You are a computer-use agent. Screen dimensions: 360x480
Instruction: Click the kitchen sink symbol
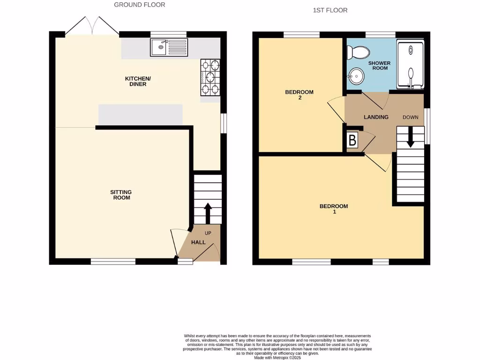[169, 47]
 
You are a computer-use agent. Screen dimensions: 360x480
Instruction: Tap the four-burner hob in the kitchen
[210, 77]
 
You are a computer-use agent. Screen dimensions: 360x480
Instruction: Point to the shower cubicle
[411, 64]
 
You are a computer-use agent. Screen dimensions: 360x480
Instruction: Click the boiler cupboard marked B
[352, 140]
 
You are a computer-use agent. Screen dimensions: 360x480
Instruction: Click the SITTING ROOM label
[121, 195]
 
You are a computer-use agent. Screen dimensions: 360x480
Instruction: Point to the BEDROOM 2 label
[299, 95]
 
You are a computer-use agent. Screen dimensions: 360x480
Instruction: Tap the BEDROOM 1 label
[334, 209]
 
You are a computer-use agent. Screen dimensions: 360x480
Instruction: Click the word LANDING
[376, 117]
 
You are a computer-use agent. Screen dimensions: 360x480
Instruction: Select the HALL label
[198, 242]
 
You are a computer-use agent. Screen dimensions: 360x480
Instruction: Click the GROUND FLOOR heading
[140, 5]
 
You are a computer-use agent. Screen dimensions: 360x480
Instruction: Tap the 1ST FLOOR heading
[330, 10]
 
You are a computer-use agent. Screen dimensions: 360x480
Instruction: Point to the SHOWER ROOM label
[379, 66]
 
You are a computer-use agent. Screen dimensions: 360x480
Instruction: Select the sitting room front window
[113, 262]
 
